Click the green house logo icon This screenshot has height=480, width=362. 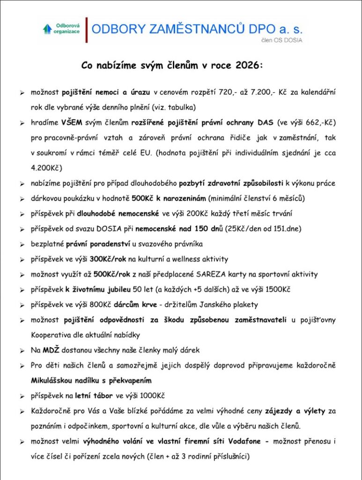click(x=47, y=29)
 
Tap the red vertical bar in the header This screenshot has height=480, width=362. click(x=86, y=30)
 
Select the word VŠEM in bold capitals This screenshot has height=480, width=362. click(x=71, y=123)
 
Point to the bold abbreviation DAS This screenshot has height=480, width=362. click(x=266, y=123)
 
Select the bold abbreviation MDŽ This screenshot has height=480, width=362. click(x=50, y=350)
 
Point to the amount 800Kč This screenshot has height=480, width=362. click(x=100, y=305)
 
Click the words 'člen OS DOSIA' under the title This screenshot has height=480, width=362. click(x=282, y=41)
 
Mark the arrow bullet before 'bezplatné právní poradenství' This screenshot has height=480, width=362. click(x=22, y=244)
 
